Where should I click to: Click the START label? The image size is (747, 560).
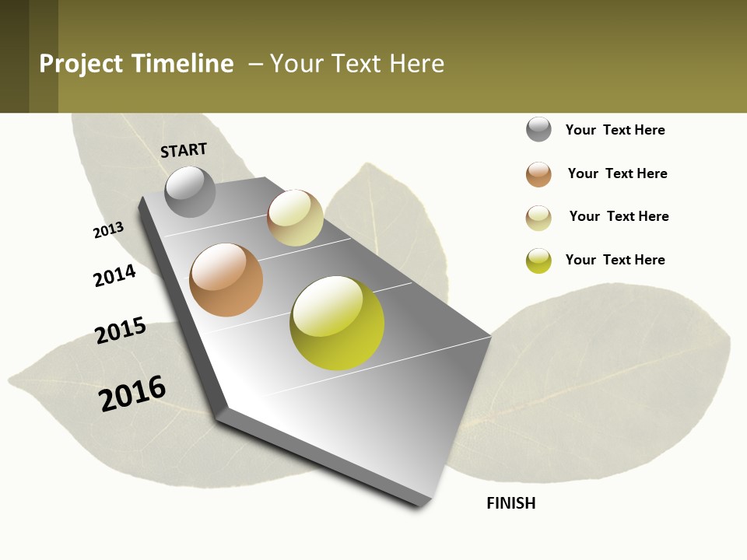point(184,150)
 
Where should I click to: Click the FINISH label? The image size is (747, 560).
point(511,503)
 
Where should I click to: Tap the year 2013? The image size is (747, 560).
point(108,230)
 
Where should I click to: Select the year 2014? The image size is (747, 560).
point(114,275)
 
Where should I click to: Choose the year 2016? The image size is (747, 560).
point(132,394)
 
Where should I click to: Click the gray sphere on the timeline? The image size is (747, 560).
point(190,191)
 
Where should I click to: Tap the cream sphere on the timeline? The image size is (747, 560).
point(295,218)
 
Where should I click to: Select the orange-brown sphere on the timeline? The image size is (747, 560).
point(226,280)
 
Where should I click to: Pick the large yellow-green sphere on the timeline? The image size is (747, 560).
point(337,323)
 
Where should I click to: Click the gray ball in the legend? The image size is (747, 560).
point(538,129)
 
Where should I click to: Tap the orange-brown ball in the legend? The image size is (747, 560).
point(538,174)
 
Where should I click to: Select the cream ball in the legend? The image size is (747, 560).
point(538,218)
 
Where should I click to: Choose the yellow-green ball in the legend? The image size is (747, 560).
point(538,261)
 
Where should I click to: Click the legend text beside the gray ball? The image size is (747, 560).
point(615,130)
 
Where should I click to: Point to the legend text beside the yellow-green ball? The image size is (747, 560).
point(615,260)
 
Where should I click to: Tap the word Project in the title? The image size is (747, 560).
point(81,64)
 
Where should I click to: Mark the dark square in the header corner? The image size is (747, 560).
point(14,56)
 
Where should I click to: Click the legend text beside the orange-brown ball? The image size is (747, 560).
point(617,173)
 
